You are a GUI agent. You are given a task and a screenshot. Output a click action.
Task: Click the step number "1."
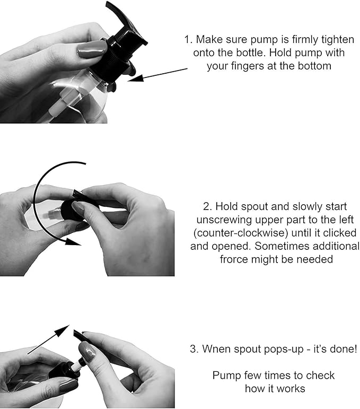pos(188,40)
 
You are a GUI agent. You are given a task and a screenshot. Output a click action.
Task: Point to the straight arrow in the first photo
pos(157,75)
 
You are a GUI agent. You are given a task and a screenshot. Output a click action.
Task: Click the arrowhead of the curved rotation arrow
pos(73,241)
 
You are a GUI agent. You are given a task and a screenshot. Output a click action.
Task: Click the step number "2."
pos(207,206)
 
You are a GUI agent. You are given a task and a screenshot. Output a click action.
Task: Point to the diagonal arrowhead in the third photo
pos(63,330)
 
